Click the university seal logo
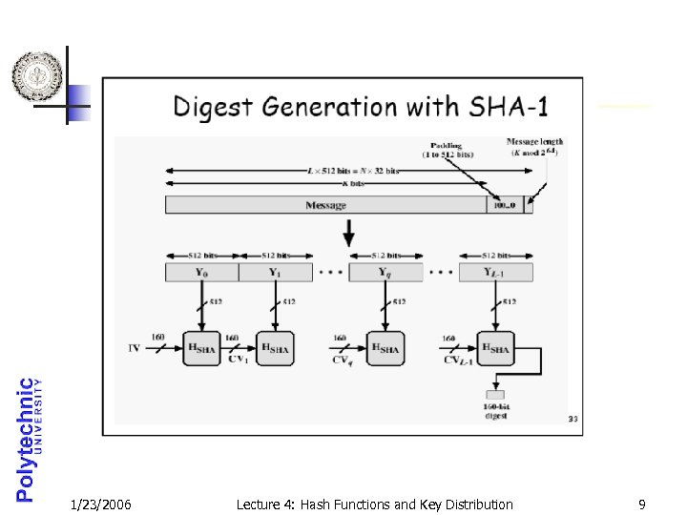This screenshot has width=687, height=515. pos(37,76)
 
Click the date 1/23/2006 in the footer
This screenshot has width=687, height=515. pos(101,505)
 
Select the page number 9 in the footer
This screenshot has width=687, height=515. pos(642,505)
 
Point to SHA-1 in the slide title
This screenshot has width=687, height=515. pos(505,106)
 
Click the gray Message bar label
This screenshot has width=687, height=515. pos(325,205)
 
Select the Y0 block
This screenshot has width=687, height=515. pos(201,273)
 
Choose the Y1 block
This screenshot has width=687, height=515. pos(275,273)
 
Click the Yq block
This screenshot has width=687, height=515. pos(385,273)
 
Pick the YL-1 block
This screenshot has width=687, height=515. pos(495,273)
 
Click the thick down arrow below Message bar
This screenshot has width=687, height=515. pos(349,232)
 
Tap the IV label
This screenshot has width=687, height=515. pos(135,348)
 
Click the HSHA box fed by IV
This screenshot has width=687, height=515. pos(202,349)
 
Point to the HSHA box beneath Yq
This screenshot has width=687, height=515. pos(385,349)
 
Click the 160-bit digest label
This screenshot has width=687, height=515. pos(494,412)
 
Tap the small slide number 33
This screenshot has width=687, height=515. pos(572,419)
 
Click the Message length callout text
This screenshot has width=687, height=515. pos(534,147)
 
